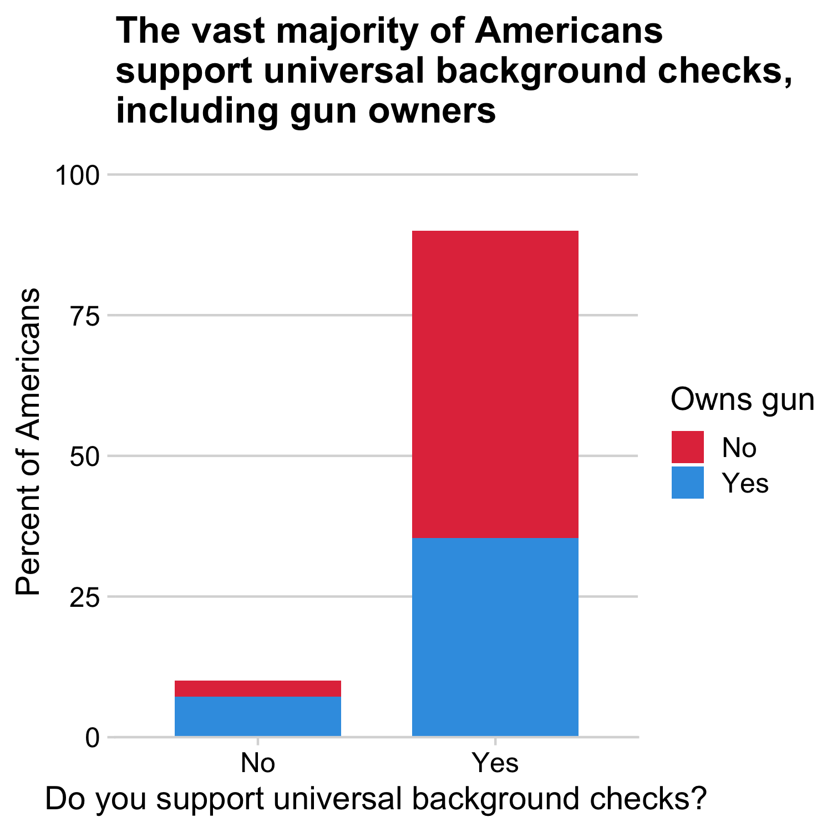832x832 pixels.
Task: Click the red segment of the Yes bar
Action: tap(495, 384)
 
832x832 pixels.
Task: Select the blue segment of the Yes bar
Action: tap(495, 637)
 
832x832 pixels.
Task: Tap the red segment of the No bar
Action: tap(257, 688)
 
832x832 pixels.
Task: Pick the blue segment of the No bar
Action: tap(257, 716)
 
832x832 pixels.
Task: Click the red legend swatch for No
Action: tap(687, 447)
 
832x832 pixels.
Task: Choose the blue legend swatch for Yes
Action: tap(687, 483)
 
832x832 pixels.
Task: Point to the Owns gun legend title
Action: tap(742, 399)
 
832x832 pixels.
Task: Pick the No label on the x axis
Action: tap(257, 763)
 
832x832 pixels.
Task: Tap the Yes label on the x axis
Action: tap(495, 763)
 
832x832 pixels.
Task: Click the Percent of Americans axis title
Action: tap(28, 442)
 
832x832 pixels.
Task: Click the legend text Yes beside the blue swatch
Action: tap(745, 483)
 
